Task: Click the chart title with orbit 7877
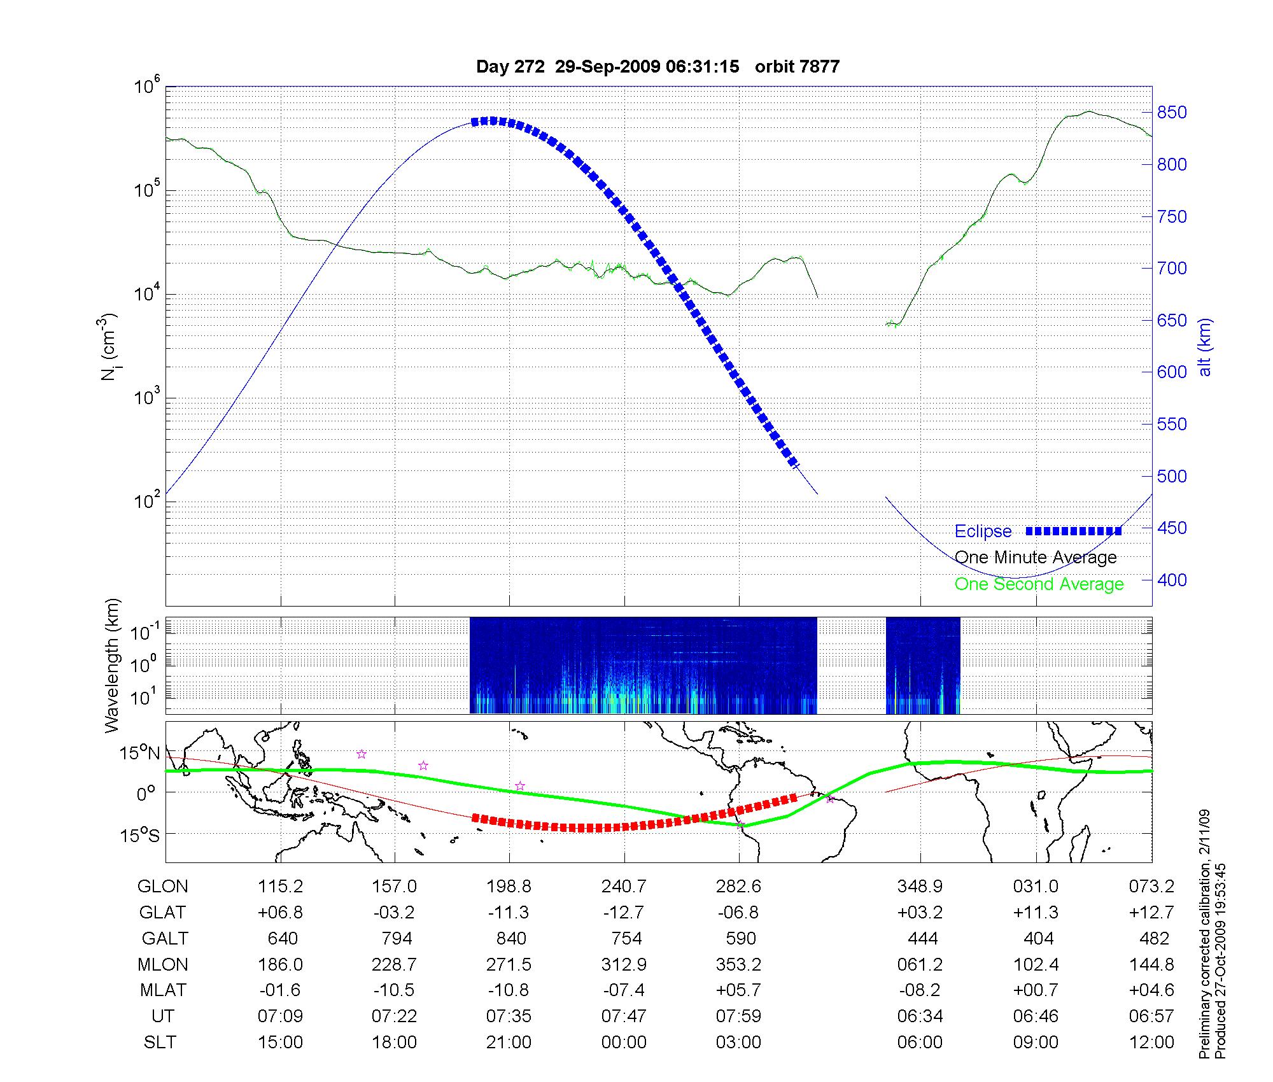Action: point(658,66)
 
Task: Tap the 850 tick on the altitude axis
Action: point(1172,113)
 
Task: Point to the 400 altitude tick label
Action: point(1172,580)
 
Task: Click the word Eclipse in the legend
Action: point(983,531)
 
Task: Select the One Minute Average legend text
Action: point(1036,558)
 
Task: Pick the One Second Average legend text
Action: point(1039,584)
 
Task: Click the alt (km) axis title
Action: point(1206,347)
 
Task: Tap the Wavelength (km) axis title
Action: point(112,666)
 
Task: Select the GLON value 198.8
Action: point(509,886)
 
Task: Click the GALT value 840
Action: point(511,938)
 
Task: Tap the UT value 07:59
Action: point(738,1016)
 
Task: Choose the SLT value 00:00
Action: point(624,1042)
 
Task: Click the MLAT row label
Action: point(163,990)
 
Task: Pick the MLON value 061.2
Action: point(920,964)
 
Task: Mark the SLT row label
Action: point(160,1042)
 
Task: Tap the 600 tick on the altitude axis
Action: point(1172,372)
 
